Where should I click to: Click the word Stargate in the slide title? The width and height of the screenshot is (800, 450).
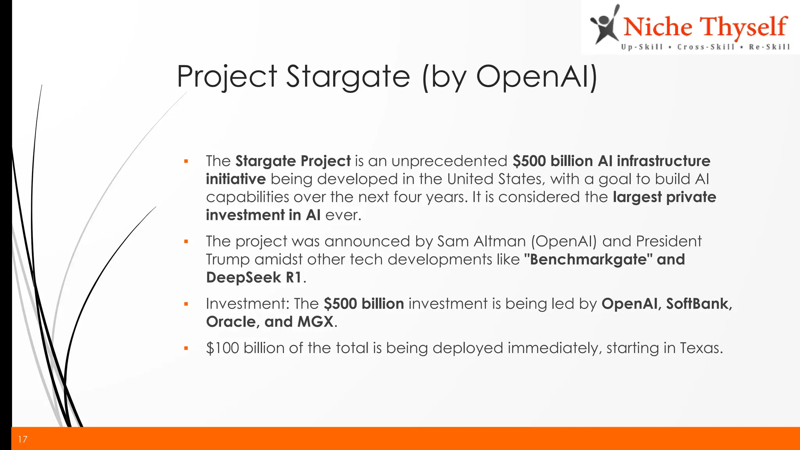click(348, 77)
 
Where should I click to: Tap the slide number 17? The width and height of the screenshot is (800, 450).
click(23, 439)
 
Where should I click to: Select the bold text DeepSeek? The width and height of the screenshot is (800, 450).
click(243, 278)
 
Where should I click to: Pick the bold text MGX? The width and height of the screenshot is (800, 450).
click(315, 322)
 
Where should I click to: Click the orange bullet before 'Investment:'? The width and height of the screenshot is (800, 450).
click(186, 304)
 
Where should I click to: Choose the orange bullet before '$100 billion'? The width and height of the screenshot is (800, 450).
click(186, 348)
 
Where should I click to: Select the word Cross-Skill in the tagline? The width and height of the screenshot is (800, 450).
click(706, 47)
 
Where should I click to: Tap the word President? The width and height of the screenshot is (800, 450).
click(668, 241)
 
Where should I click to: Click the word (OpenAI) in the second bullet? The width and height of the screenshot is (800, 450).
click(564, 241)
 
